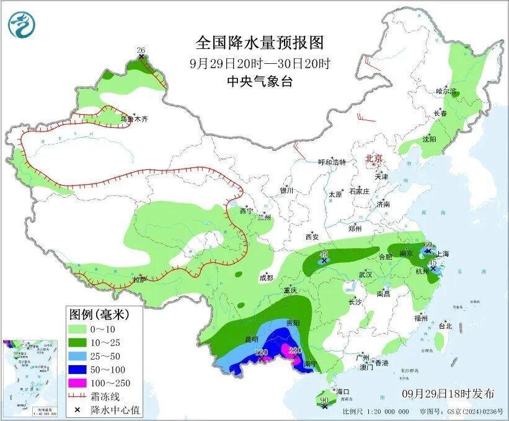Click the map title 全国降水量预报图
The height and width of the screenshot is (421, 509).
(260, 43)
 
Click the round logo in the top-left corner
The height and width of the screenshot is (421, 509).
(22, 24)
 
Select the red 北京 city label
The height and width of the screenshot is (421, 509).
(374, 159)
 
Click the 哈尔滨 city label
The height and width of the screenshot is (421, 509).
(446, 91)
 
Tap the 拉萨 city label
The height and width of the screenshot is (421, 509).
(139, 280)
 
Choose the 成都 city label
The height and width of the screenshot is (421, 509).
(266, 277)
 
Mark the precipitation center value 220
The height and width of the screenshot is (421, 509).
(294, 350)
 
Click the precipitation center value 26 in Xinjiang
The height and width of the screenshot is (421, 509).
(141, 50)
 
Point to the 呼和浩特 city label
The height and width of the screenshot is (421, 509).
(332, 162)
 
